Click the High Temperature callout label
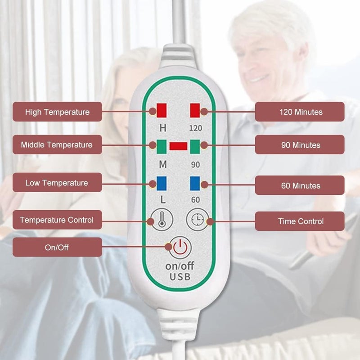(x=57, y=112)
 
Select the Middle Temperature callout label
(x=57, y=144)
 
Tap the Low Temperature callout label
(x=57, y=183)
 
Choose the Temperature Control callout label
(x=57, y=220)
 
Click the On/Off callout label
(x=57, y=247)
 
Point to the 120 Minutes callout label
(x=300, y=112)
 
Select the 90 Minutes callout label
(x=300, y=144)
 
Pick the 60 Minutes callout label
(x=300, y=185)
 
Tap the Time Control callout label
(x=300, y=221)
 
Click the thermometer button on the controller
(x=162, y=220)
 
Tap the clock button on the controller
(x=198, y=220)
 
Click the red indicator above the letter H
(x=162, y=110)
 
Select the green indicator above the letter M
(x=162, y=147)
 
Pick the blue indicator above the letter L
(x=162, y=184)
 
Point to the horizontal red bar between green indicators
(x=178, y=146)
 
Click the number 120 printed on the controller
(x=196, y=128)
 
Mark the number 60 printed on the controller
(x=196, y=200)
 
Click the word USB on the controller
(x=180, y=277)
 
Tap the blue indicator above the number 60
(x=195, y=184)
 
